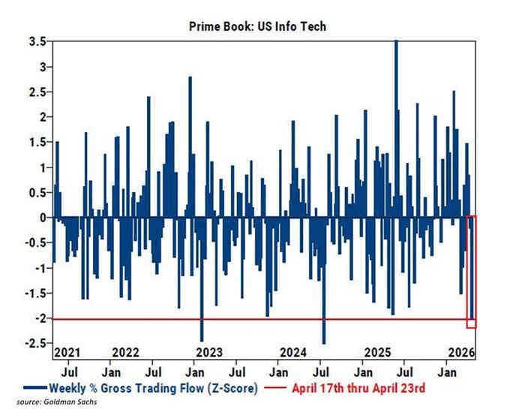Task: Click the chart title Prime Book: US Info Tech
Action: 255,26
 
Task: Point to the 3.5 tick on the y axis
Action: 36,41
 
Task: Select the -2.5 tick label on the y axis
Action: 34,344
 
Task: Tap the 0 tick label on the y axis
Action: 40,218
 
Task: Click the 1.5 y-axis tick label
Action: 36,142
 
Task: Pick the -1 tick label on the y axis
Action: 37,268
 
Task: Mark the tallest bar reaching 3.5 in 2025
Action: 395,128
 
